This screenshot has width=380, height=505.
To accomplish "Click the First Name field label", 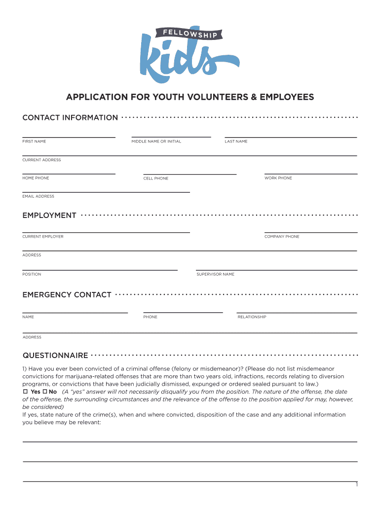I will (34, 142).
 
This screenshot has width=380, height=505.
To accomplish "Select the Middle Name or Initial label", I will (156, 142).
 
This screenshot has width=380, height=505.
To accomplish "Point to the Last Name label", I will (236, 142).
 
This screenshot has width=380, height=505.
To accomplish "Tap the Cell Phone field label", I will (155, 179).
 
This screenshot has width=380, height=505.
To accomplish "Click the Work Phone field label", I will (278, 178).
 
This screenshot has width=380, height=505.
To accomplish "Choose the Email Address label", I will (38, 196).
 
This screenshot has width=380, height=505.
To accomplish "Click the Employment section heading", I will (49, 216).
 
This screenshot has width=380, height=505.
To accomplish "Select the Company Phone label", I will (282, 237).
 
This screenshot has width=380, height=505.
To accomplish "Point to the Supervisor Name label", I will (215, 274).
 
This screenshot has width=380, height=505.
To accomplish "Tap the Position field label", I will (32, 274).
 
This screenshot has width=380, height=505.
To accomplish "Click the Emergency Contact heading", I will (67, 295).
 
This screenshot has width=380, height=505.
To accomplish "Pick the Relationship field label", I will (252, 317).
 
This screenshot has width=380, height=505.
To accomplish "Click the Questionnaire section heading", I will (55, 356).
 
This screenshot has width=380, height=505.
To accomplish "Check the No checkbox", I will (44, 392).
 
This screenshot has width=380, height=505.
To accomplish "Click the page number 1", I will (356, 485).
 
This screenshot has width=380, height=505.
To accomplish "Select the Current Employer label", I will (43, 237).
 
